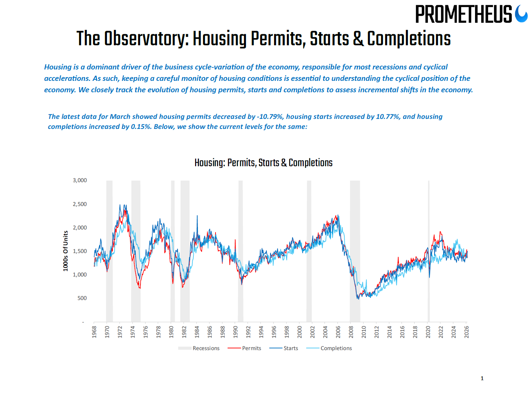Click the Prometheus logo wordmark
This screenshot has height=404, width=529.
[x=463, y=15]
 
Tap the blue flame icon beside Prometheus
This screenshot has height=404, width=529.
[x=521, y=14]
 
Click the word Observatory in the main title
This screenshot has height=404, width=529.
[x=146, y=38]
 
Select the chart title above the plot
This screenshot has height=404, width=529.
[x=263, y=163]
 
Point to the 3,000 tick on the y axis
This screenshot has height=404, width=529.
[x=80, y=180]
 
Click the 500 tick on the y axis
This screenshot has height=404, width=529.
[x=82, y=298]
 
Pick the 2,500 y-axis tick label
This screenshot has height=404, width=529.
[x=80, y=204]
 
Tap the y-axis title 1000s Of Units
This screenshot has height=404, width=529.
[x=65, y=251]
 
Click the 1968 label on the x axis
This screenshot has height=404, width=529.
[x=94, y=331]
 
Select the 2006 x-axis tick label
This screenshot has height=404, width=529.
[x=338, y=331]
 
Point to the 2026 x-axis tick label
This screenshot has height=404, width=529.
[x=466, y=331]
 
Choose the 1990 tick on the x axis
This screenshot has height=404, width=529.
[x=235, y=331]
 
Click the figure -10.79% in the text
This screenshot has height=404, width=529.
[x=270, y=117]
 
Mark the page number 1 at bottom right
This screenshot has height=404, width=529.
[x=482, y=378]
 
